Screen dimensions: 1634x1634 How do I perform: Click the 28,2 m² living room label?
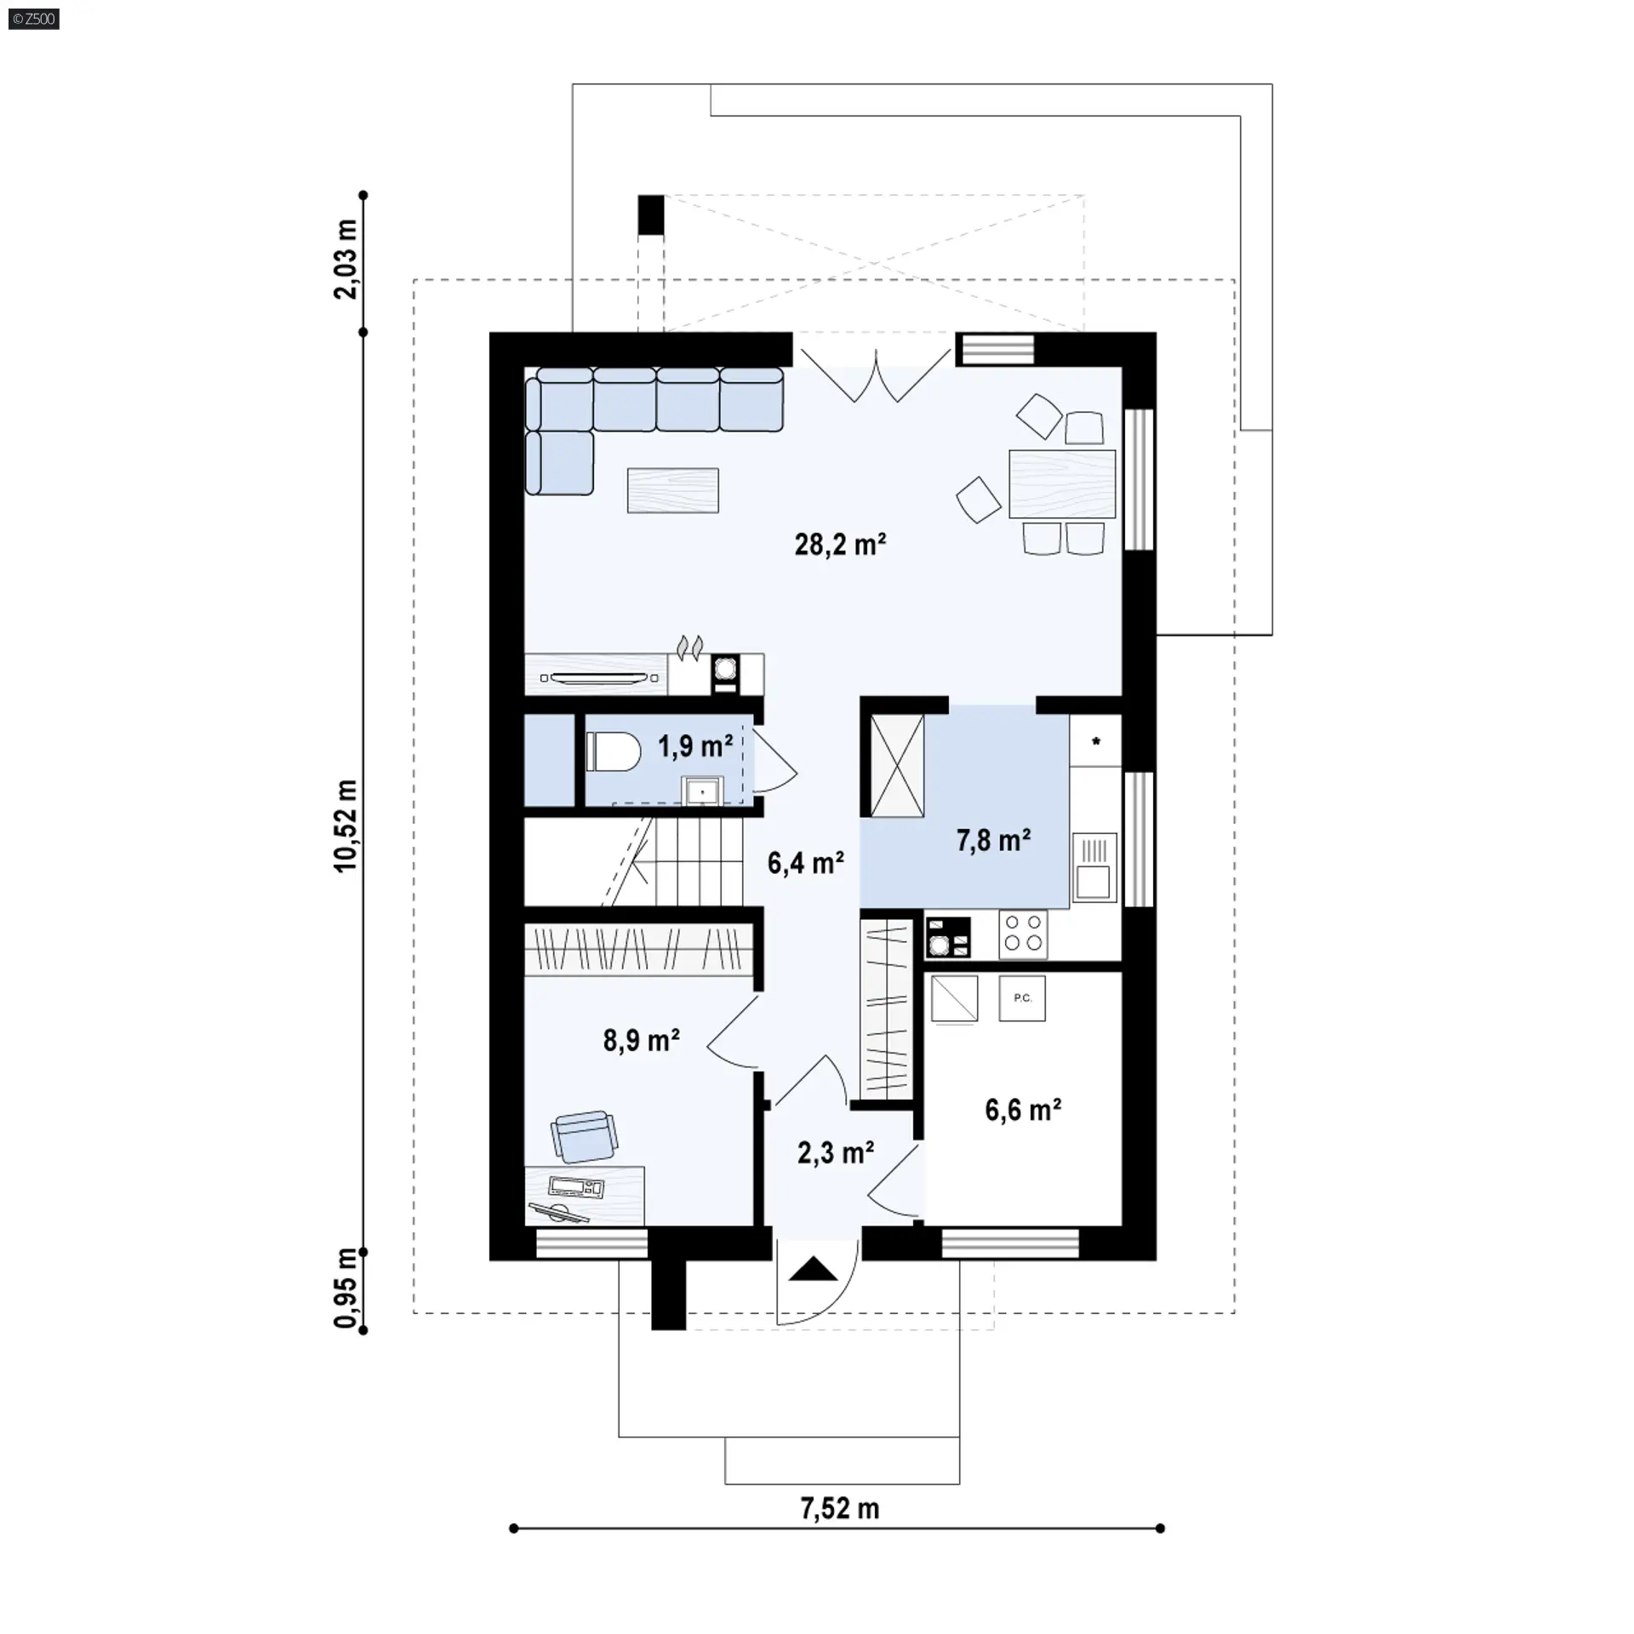pyautogui.click(x=840, y=544)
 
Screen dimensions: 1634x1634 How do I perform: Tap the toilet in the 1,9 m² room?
pyautogui.click(x=614, y=752)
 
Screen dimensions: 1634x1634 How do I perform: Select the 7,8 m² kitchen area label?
pyautogui.click(x=993, y=840)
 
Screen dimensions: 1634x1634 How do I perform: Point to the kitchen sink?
pyautogui.click(x=1094, y=866)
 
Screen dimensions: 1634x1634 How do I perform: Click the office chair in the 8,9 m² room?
pyautogui.click(x=584, y=1135)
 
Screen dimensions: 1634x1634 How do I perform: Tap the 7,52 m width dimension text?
pyautogui.click(x=839, y=1509)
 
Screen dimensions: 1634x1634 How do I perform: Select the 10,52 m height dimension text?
pyautogui.click(x=346, y=825)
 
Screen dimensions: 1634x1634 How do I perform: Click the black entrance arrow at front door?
pyautogui.click(x=814, y=1270)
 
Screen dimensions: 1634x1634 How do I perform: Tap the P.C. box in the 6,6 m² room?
pyautogui.click(x=1022, y=997)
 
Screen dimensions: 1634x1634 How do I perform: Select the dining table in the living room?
pyautogui.click(x=1062, y=483)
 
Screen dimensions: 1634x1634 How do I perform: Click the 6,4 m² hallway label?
pyautogui.click(x=805, y=863)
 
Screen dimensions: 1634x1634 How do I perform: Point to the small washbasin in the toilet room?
pyautogui.click(x=702, y=791)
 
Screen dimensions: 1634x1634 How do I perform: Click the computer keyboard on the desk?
pyautogui.click(x=576, y=1186)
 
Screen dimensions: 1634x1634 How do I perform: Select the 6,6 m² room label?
pyautogui.click(x=1023, y=1110)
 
